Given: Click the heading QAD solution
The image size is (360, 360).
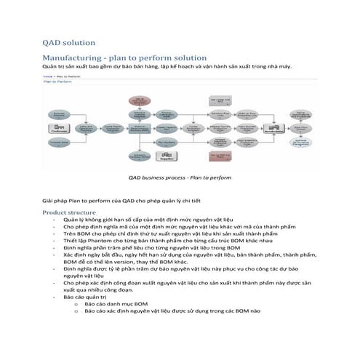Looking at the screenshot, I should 69,43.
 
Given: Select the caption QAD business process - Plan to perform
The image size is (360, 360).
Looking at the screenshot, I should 179,177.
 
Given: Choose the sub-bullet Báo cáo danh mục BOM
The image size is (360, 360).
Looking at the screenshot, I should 120,304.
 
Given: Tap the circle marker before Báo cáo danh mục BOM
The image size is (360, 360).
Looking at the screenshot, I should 76,304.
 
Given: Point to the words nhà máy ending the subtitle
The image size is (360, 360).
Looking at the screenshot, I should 279,65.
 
